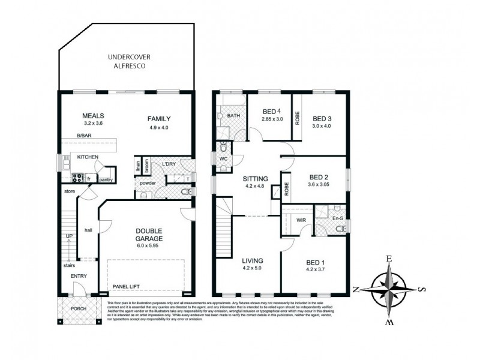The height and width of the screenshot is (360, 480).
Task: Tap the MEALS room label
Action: tap(94, 116)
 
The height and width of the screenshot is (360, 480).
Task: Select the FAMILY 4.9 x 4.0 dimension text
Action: tap(160, 127)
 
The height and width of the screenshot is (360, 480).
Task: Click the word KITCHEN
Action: tap(88, 157)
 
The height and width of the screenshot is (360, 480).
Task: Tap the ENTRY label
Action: tap(79, 276)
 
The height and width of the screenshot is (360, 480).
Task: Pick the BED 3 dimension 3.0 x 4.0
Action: tap(321, 127)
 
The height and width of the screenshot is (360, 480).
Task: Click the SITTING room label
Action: tap(255, 179)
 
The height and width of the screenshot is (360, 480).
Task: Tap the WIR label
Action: tap(302, 220)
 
